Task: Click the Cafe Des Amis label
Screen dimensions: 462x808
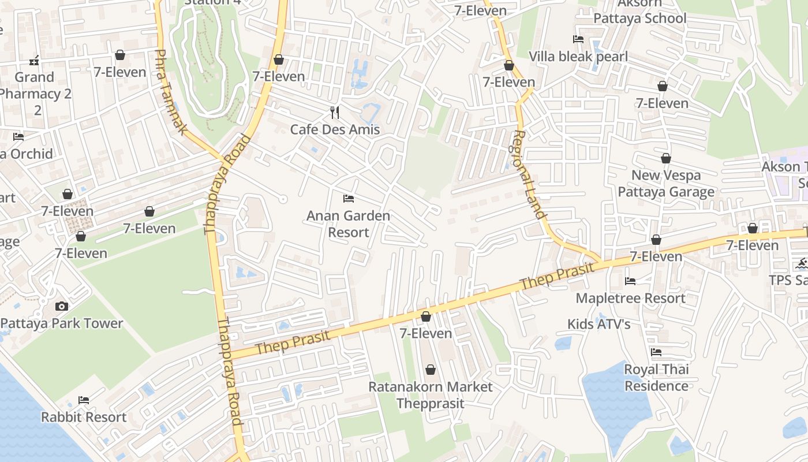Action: click(335, 129)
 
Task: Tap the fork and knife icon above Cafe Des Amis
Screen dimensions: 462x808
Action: click(335, 112)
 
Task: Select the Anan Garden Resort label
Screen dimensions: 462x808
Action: click(348, 224)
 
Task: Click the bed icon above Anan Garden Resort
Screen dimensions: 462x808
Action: click(348, 199)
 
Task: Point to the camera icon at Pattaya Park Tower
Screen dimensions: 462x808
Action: click(62, 306)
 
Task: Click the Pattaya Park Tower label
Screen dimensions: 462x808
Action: click(62, 323)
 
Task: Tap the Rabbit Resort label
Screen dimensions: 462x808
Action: click(84, 417)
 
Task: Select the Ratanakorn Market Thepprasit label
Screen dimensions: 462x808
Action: click(431, 395)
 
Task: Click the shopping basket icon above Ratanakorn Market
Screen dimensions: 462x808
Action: click(430, 370)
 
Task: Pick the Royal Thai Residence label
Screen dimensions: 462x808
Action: click(656, 378)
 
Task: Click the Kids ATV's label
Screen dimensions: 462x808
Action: click(598, 325)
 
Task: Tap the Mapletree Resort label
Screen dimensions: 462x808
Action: click(630, 299)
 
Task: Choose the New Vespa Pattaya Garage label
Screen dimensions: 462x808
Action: click(666, 184)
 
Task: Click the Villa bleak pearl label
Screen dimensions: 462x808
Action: click(578, 57)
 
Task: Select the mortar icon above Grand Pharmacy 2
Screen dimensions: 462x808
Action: click(34, 60)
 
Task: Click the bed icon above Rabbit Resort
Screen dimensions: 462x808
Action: click(84, 400)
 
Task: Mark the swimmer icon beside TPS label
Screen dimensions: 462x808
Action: click(801, 264)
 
